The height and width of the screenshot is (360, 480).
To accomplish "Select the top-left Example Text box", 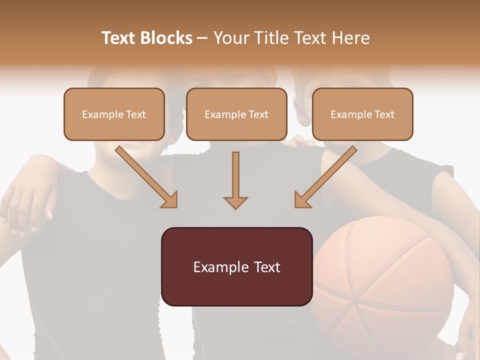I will (x=114, y=114).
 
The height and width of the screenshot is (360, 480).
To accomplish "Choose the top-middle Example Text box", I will (x=236, y=114).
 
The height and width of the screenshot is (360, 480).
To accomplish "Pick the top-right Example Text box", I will (x=362, y=114).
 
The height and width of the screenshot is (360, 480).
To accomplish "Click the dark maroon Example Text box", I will (x=236, y=267).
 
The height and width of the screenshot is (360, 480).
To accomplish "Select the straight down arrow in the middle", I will (x=235, y=180).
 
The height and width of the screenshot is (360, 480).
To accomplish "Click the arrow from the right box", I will (x=325, y=177).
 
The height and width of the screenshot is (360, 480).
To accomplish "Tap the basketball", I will (x=382, y=280).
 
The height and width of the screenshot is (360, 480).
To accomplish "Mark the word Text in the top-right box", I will (x=384, y=114).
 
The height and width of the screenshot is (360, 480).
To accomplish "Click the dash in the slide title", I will (x=202, y=38).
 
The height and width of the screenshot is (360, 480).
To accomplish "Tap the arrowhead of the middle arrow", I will (x=235, y=202).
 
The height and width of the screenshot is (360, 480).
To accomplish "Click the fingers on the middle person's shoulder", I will (x=300, y=142).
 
